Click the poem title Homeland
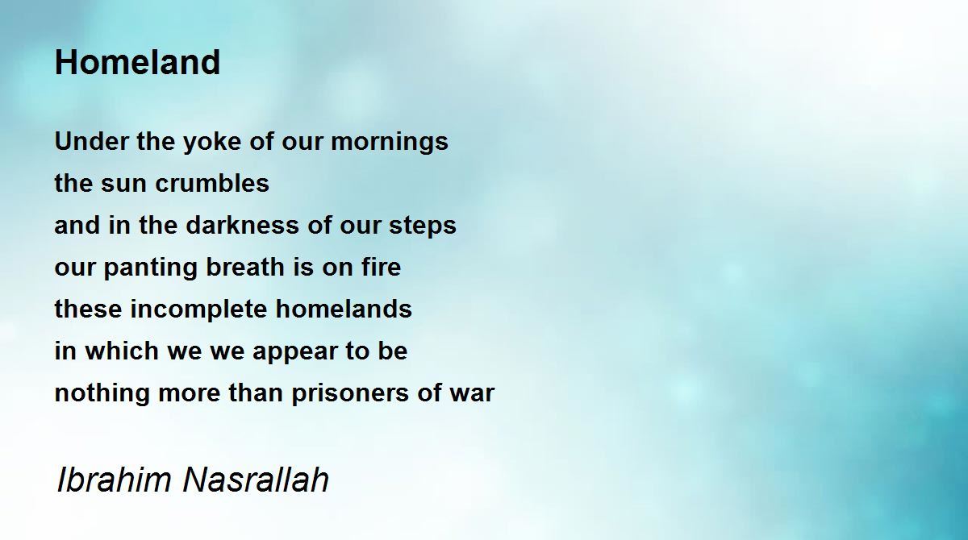click(x=137, y=62)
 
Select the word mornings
click(x=389, y=143)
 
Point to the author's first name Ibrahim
click(x=114, y=480)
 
